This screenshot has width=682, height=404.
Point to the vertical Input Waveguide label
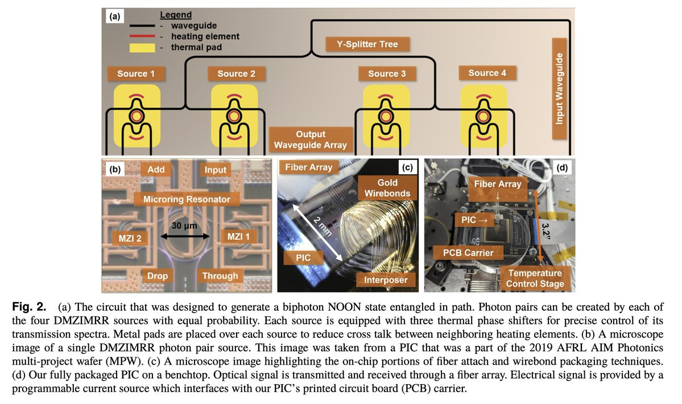(560, 89)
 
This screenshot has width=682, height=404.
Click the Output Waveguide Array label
(311, 139)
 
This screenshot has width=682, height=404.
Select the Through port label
(220, 276)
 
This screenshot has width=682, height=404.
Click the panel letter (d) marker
(563, 168)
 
